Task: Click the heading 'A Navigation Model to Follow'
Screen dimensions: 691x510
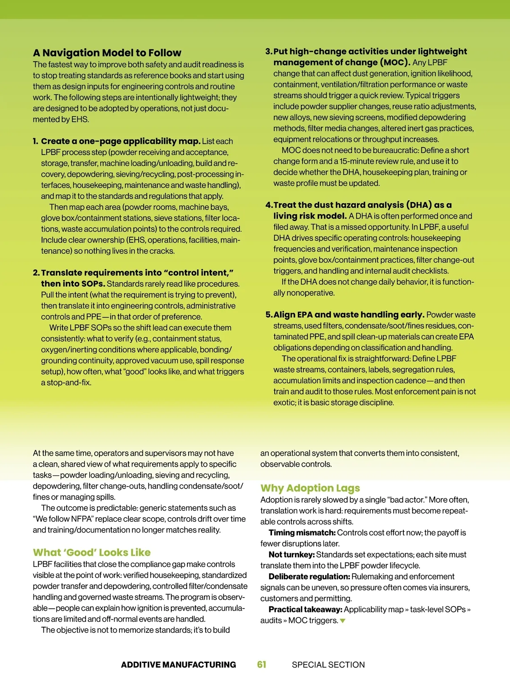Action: pos(107,53)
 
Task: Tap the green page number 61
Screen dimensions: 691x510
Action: pos(262,664)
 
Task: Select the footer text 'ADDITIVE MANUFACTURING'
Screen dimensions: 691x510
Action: pos(178,665)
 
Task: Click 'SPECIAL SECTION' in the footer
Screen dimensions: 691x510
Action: pos(328,665)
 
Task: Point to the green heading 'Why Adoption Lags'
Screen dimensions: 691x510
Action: pos(310,488)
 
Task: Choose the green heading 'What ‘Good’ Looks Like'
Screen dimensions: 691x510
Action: pos(92,552)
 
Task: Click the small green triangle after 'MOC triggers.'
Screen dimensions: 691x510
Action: pos(343,621)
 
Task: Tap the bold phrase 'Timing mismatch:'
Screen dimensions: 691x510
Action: pos(302,532)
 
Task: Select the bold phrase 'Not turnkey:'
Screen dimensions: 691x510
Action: pos(292,555)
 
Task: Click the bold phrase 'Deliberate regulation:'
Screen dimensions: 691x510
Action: pos(309,577)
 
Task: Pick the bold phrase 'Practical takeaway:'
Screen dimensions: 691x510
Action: pos(306,609)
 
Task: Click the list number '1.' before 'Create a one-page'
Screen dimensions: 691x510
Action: pos(36,141)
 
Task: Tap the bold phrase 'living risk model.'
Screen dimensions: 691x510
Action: pos(310,216)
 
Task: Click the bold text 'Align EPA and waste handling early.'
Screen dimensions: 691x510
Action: pos(349,314)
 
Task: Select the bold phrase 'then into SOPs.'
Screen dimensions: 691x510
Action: pos(73,283)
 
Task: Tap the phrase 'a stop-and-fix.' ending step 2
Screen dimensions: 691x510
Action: pos(66,382)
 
